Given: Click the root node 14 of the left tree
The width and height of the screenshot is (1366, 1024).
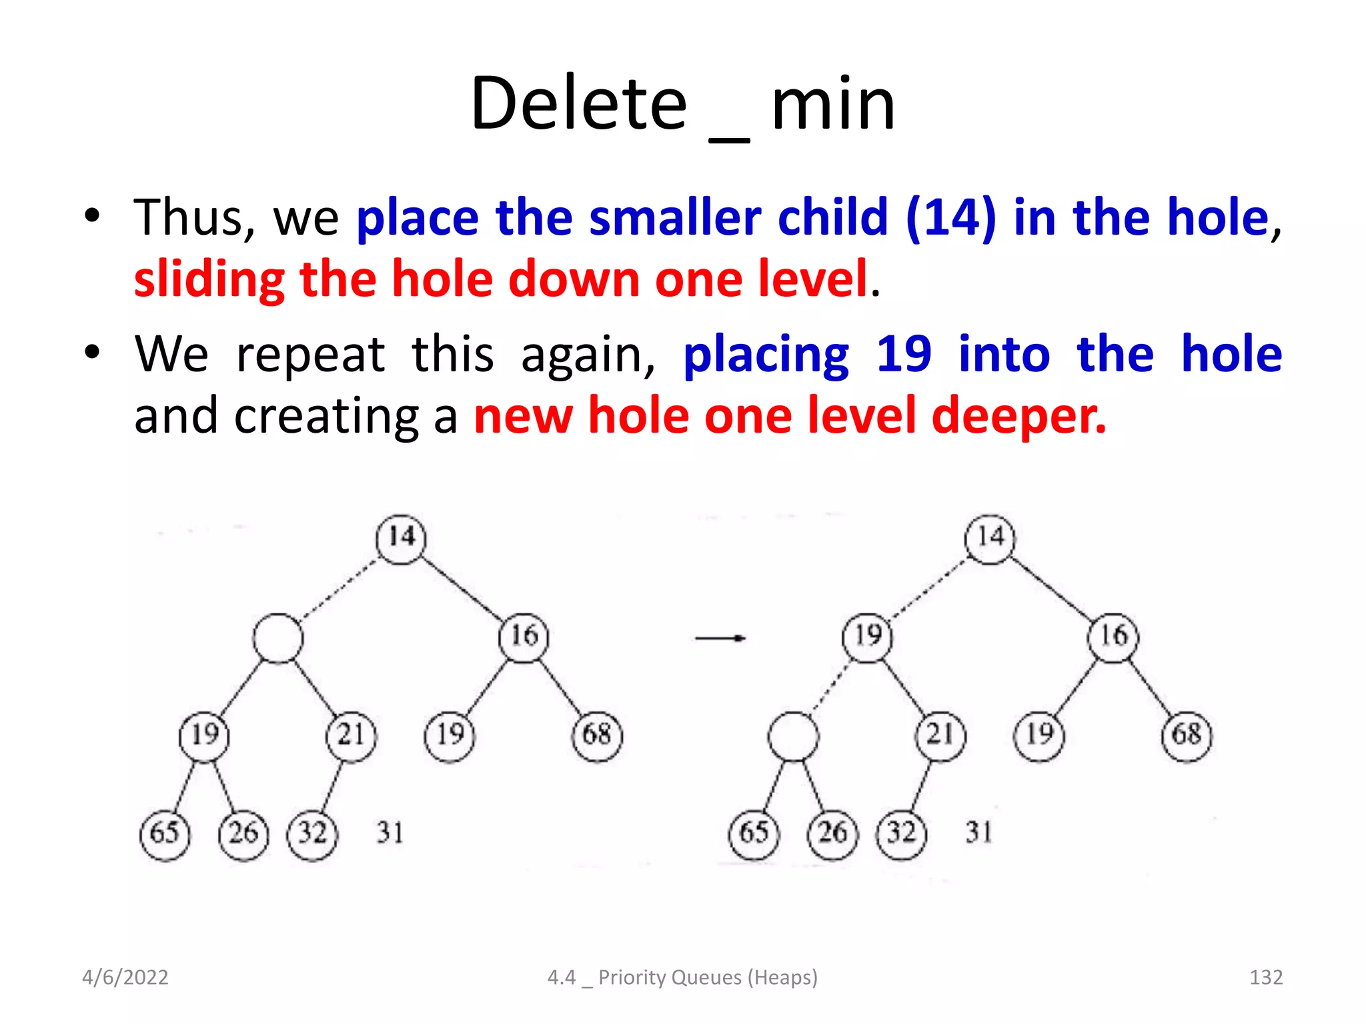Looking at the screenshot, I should point(401,539).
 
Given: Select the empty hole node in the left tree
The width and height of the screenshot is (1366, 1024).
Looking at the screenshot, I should point(278,638).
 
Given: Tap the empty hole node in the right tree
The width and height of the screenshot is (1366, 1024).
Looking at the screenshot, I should point(793,736).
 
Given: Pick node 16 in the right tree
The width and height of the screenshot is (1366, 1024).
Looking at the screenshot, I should point(1113,637).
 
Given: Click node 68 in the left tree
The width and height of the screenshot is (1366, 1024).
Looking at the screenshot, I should point(597,736).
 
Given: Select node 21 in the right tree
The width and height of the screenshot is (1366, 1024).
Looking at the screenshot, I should point(940,736).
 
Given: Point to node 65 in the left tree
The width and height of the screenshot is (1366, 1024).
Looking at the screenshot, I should point(165,834).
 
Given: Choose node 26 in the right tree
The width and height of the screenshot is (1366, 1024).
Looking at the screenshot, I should point(832,834).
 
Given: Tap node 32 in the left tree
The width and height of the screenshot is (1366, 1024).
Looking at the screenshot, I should point(312,834).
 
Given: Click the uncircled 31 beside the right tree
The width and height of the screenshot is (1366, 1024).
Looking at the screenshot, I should point(979,833).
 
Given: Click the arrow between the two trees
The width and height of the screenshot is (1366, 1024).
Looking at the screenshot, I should point(720,638).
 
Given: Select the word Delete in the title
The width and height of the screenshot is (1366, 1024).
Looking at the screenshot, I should point(578,104).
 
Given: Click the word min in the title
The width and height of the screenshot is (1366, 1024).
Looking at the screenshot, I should point(832,104).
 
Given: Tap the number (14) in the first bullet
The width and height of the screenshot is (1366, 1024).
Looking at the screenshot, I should point(950,217).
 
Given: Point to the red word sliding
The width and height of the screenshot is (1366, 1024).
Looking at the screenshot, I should point(209,279).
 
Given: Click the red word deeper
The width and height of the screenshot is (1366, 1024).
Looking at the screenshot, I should point(1018,415).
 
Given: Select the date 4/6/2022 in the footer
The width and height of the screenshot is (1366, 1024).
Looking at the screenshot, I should point(125,977).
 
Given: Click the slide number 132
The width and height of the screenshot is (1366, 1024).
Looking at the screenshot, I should point(1265,977).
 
